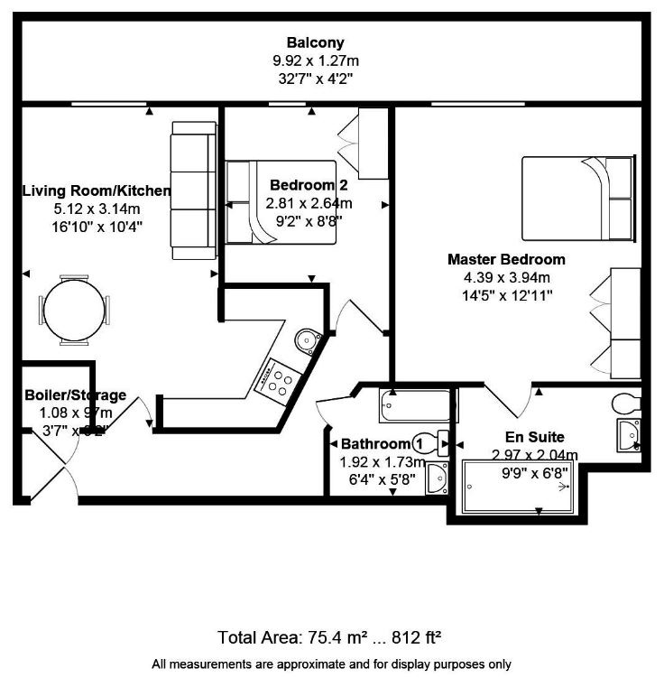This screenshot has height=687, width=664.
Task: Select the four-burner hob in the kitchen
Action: click(x=278, y=379)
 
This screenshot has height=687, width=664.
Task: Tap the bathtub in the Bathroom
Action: click(x=414, y=405)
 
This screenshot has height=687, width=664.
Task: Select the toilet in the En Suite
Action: click(x=627, y=400)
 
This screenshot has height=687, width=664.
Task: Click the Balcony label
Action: click(x=315, y=42)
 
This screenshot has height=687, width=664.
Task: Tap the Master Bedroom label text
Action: click(x=506, y=259)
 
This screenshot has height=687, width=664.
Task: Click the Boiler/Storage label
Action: click(x=75, y=395)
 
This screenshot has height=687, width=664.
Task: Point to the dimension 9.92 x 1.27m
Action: click(x=315, y=60)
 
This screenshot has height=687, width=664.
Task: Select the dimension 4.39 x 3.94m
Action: click(x=506, y=277)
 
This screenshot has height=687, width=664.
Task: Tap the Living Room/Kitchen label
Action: click(x=97, y=190)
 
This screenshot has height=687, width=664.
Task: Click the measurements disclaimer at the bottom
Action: click(x=331, y=664)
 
